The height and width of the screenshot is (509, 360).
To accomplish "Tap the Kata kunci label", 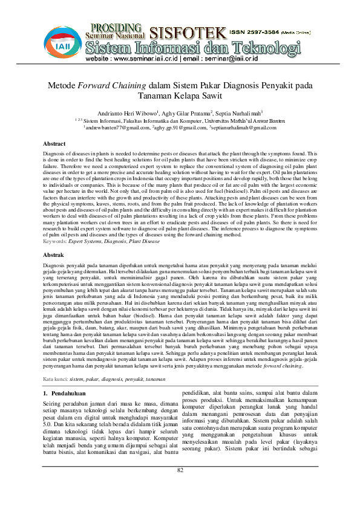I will (55, 361).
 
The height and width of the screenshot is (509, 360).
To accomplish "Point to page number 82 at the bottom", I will (180, 487).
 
